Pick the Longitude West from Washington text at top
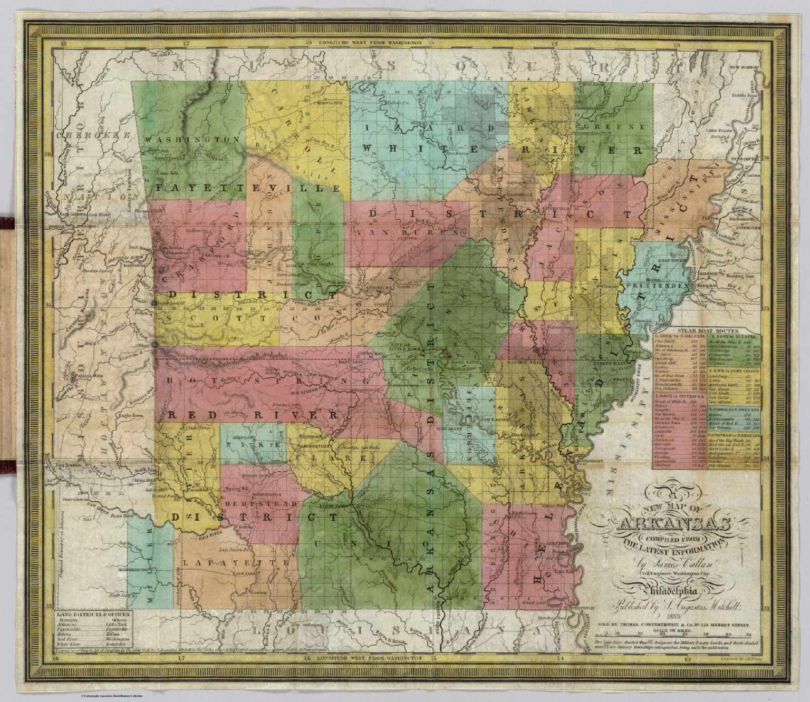(x=368, y=42)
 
